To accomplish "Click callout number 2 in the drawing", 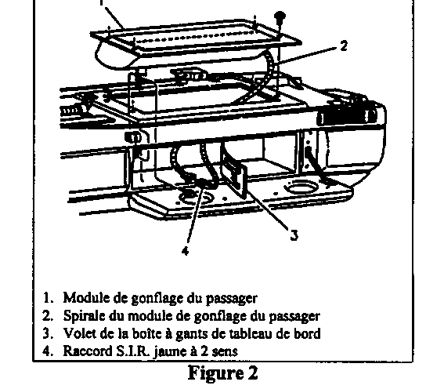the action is click(x=344, y=45).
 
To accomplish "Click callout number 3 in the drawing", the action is click(x=294, y=234).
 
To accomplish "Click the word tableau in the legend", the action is click(x=251, y=333).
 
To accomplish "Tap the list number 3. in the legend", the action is click(x=47, y=333).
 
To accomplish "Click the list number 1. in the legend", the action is click(x=48, y=298).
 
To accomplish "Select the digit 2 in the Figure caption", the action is click(x=252, y=373).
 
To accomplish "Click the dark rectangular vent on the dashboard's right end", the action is click(x=347, y=118).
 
